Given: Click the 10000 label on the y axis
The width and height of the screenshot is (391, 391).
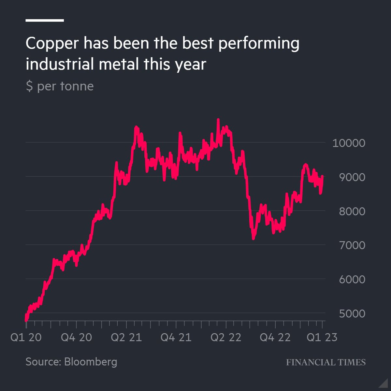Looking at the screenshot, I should pyautogui.click(x=349, y=143).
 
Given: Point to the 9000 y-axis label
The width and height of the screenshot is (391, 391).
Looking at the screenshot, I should pyautogui.click(x=352, y=177).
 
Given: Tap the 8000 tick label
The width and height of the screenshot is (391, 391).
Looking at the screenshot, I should pyautogui.click(x=352, y=211).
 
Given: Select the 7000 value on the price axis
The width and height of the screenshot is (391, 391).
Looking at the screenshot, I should pyautogui.click(x=352, y=245).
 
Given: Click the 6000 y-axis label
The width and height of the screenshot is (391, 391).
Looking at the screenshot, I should pyautogui.click(x=352, y=279).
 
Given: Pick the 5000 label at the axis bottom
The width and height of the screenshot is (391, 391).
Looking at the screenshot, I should pyautogui.click(x=352, y=313).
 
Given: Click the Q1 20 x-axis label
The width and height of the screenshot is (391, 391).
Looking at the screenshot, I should pyautogui.click(x=26, y=337).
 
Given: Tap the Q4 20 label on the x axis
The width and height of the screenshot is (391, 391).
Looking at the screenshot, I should pyautogui.click(x=76, y=337).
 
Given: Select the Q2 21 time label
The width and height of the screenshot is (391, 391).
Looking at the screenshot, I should pyautogui.click(x=126, y=337).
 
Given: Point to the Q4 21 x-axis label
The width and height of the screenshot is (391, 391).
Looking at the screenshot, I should pyautogui.click(x=176, y=337).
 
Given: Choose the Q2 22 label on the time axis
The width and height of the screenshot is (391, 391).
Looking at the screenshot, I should pyautogui.click(x=226, y=337).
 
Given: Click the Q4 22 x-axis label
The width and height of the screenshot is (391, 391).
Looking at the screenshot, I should pyautogui.click(x=275, y=337).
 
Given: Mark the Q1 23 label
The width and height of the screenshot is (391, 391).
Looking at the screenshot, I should pyautogui.click(x=322, y=337).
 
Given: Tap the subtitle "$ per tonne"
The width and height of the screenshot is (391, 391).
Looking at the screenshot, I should pyautogui.click(x=60, y=86).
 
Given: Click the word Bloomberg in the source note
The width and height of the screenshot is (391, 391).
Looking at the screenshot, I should pyautogui.click(x=91, y=362).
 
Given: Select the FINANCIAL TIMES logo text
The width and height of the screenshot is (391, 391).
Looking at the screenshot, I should pyautogui.click(x=326, y=362).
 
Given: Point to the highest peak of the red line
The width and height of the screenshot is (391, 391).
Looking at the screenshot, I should pyautogui.click(x=218, y=120).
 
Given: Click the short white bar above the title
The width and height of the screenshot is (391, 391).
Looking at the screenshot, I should pyautogui.click(x=45, y=21).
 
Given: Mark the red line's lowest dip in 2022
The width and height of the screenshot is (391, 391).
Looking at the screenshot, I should pyautogui.click(x=253, y=238).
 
